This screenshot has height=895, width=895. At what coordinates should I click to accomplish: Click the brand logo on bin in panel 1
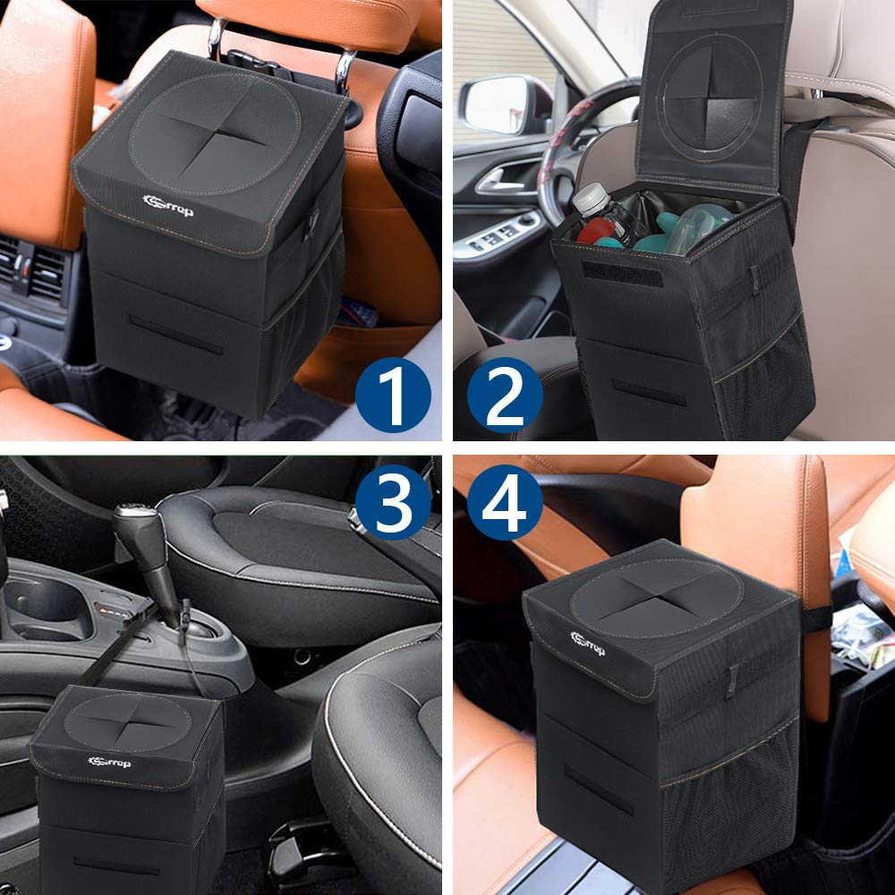(167, 205)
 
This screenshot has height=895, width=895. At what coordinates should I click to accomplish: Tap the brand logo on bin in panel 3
(110, 762)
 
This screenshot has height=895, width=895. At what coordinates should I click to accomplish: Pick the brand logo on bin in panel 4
(588, 643)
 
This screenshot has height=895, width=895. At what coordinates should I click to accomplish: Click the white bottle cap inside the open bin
(588, 199)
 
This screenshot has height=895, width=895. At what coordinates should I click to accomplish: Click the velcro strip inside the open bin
(623, 273)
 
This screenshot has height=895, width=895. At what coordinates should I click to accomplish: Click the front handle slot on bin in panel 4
(599, 788)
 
